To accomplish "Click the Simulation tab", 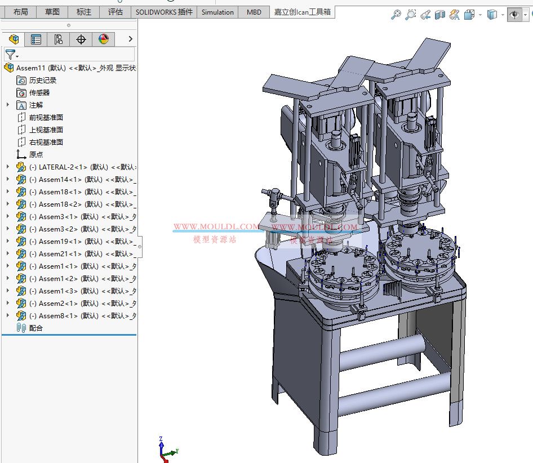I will pos(217,12).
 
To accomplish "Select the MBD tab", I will pos(254,12).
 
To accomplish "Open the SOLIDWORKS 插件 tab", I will pos(164,12).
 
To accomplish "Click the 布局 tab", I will pos(20,12).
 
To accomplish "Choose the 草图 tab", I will pos(52,12).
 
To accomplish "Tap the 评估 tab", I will pos(115,12).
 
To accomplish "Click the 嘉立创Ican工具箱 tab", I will pos(302,12).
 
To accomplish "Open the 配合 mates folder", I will pos(35,328).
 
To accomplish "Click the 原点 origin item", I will pos(35,154).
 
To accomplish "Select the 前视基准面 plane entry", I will pos(46,117).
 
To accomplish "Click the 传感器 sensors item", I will pos(39,92).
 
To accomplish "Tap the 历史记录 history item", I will pos(42,80).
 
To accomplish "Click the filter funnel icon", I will pos(10,55).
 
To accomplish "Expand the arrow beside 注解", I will pos(8,105).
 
